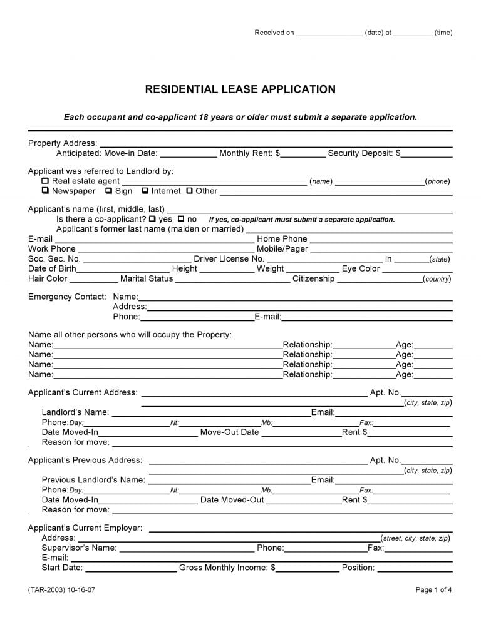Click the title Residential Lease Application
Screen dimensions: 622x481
240,89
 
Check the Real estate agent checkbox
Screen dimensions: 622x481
45,181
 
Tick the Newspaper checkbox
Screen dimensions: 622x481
45,191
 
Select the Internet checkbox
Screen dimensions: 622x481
145,191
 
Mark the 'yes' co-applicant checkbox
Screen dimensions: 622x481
152,219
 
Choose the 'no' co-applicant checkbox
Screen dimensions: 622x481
181,219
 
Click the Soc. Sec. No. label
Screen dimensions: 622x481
54,259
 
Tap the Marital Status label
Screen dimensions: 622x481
147,279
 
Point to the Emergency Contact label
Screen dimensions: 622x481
67,297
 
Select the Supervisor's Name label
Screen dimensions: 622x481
79,548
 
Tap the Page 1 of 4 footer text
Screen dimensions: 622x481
433,590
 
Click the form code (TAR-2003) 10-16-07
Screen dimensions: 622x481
62,590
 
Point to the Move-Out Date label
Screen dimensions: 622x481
229,432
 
